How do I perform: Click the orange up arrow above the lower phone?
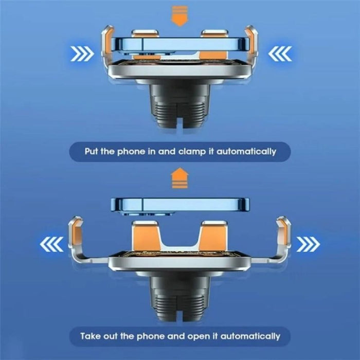tap(179, 179)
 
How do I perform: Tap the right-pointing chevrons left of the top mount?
tap(82, 52)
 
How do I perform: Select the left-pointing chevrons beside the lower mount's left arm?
tap(51, 243)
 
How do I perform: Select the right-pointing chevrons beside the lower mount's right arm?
tap(309, 243)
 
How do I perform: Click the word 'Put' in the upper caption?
tap(93, 152)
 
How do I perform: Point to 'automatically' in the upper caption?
tap(247, 152)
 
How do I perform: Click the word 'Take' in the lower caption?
tap(91, 336)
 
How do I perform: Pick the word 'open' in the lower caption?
tap(202, 336)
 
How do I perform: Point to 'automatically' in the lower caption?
tap(250, 336)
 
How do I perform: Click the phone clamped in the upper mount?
tap(179, 45)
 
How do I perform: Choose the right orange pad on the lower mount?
tap(214, 237)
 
